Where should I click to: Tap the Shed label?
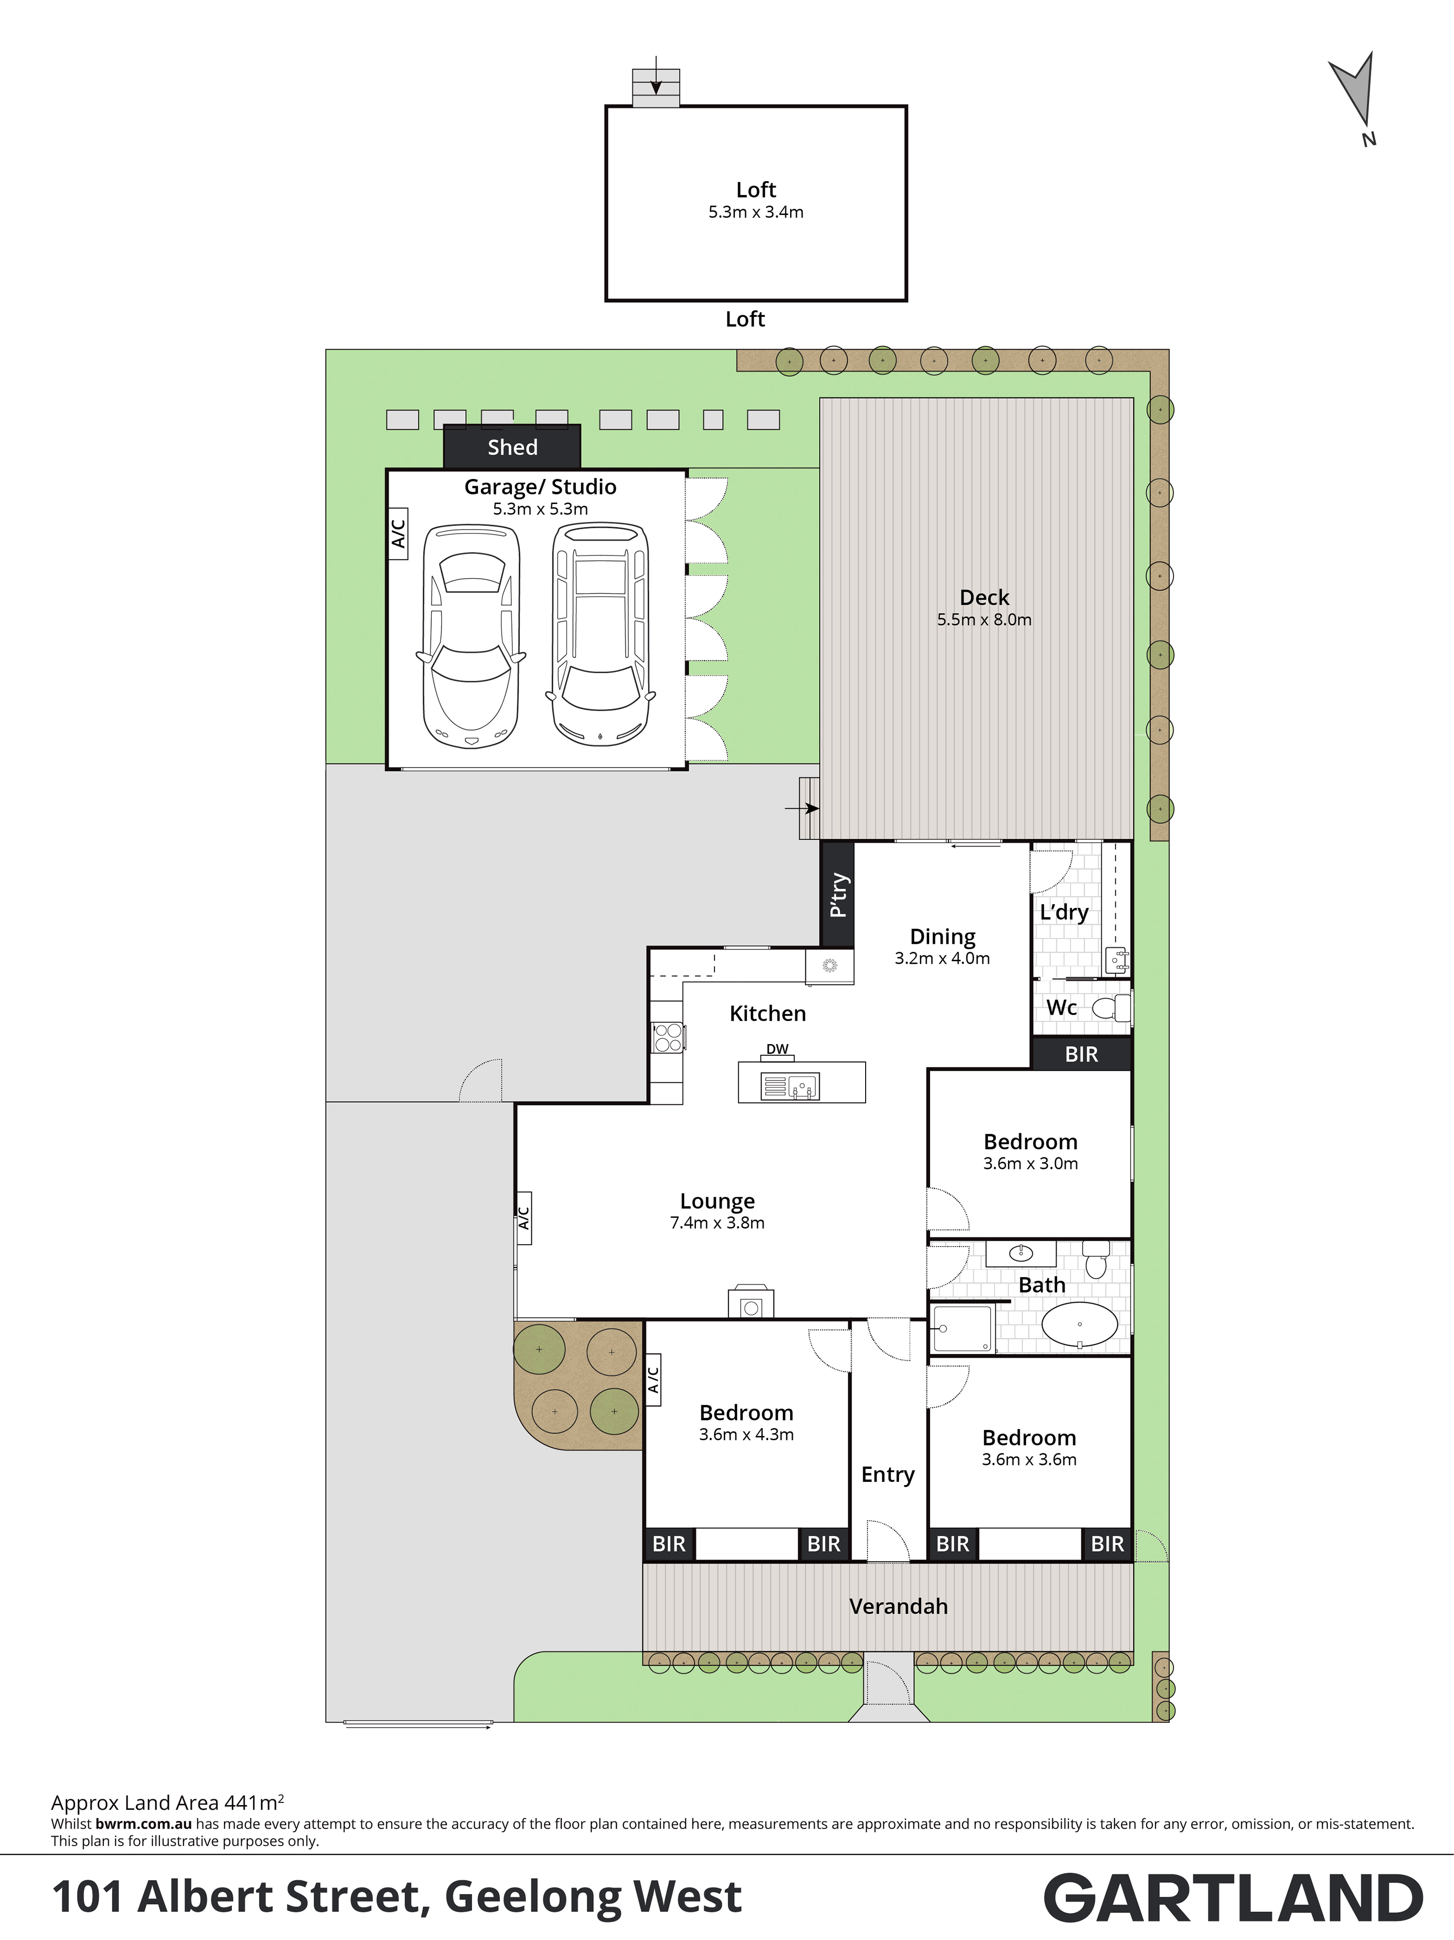coord(512,447)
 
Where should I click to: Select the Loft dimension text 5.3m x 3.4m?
coord(756,212)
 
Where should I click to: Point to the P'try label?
coord(838,894)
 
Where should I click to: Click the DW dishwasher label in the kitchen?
coord(777,1049)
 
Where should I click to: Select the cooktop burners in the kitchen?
coord(668,1037)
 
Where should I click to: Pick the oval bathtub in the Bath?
coord(1079,1324)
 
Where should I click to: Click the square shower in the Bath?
coord(963,1328)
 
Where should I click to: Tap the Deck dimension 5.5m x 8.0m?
coord(984,620)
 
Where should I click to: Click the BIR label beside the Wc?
coord(1081,1054)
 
